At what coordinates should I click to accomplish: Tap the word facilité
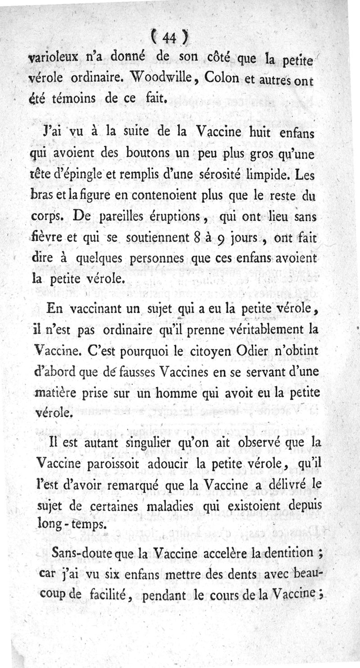[110, 595]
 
